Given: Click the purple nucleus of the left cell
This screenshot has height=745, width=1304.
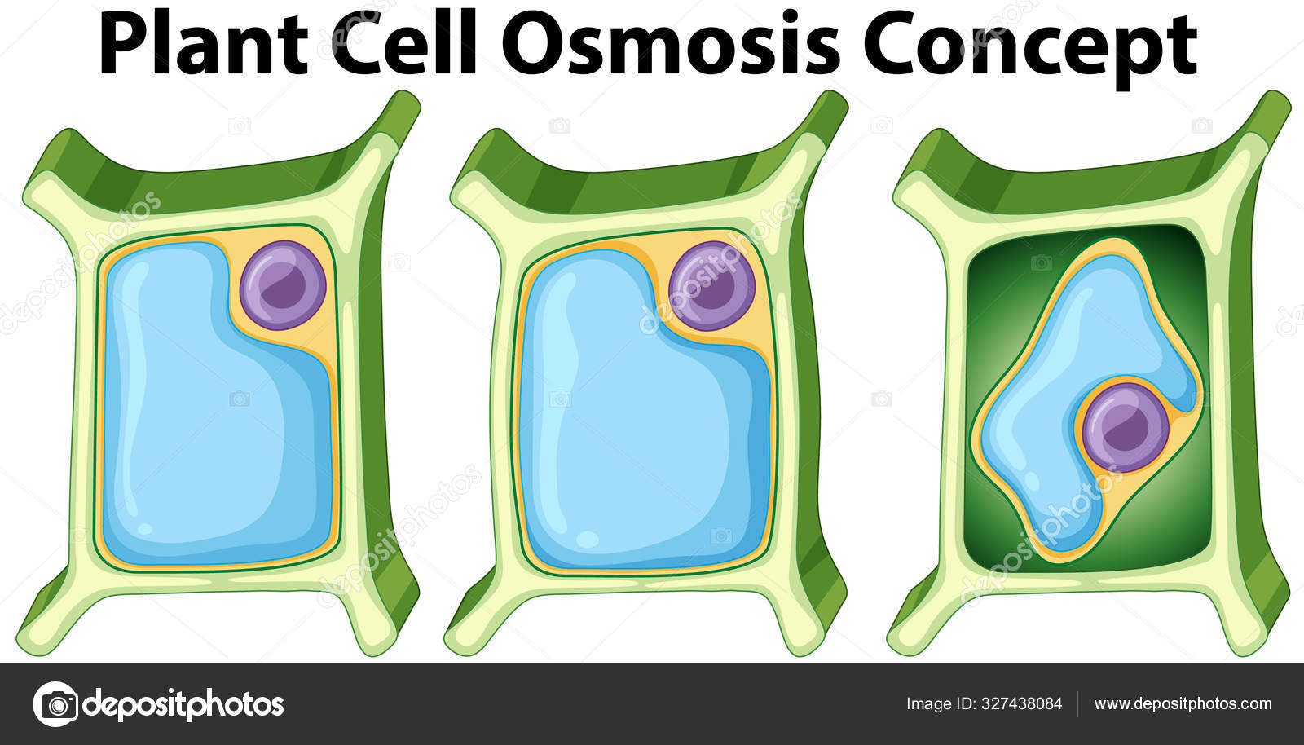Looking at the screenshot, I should click(x=284, y=284).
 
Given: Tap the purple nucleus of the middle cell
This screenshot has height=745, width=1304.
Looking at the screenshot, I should click(x=711, y=285).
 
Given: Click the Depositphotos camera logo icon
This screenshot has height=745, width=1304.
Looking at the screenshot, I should click(x=55, y=703).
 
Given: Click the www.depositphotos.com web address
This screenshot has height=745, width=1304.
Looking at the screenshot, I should click(x=1183, y=703).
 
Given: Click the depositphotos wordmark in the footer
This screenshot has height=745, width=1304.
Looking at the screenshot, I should click(x=183, y=703).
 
